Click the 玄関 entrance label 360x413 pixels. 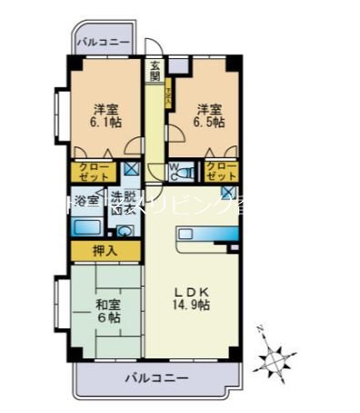[156, 70]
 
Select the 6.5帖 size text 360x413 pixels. [208, 121]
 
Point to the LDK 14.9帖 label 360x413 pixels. [193, 299]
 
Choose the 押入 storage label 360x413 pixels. [105, 250]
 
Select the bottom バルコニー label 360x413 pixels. [156, 377]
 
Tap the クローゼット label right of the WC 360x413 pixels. [221, 171]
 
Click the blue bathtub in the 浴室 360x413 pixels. [88, 226]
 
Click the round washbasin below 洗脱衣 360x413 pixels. [125, 230]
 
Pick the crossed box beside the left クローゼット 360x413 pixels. [131, 168]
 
